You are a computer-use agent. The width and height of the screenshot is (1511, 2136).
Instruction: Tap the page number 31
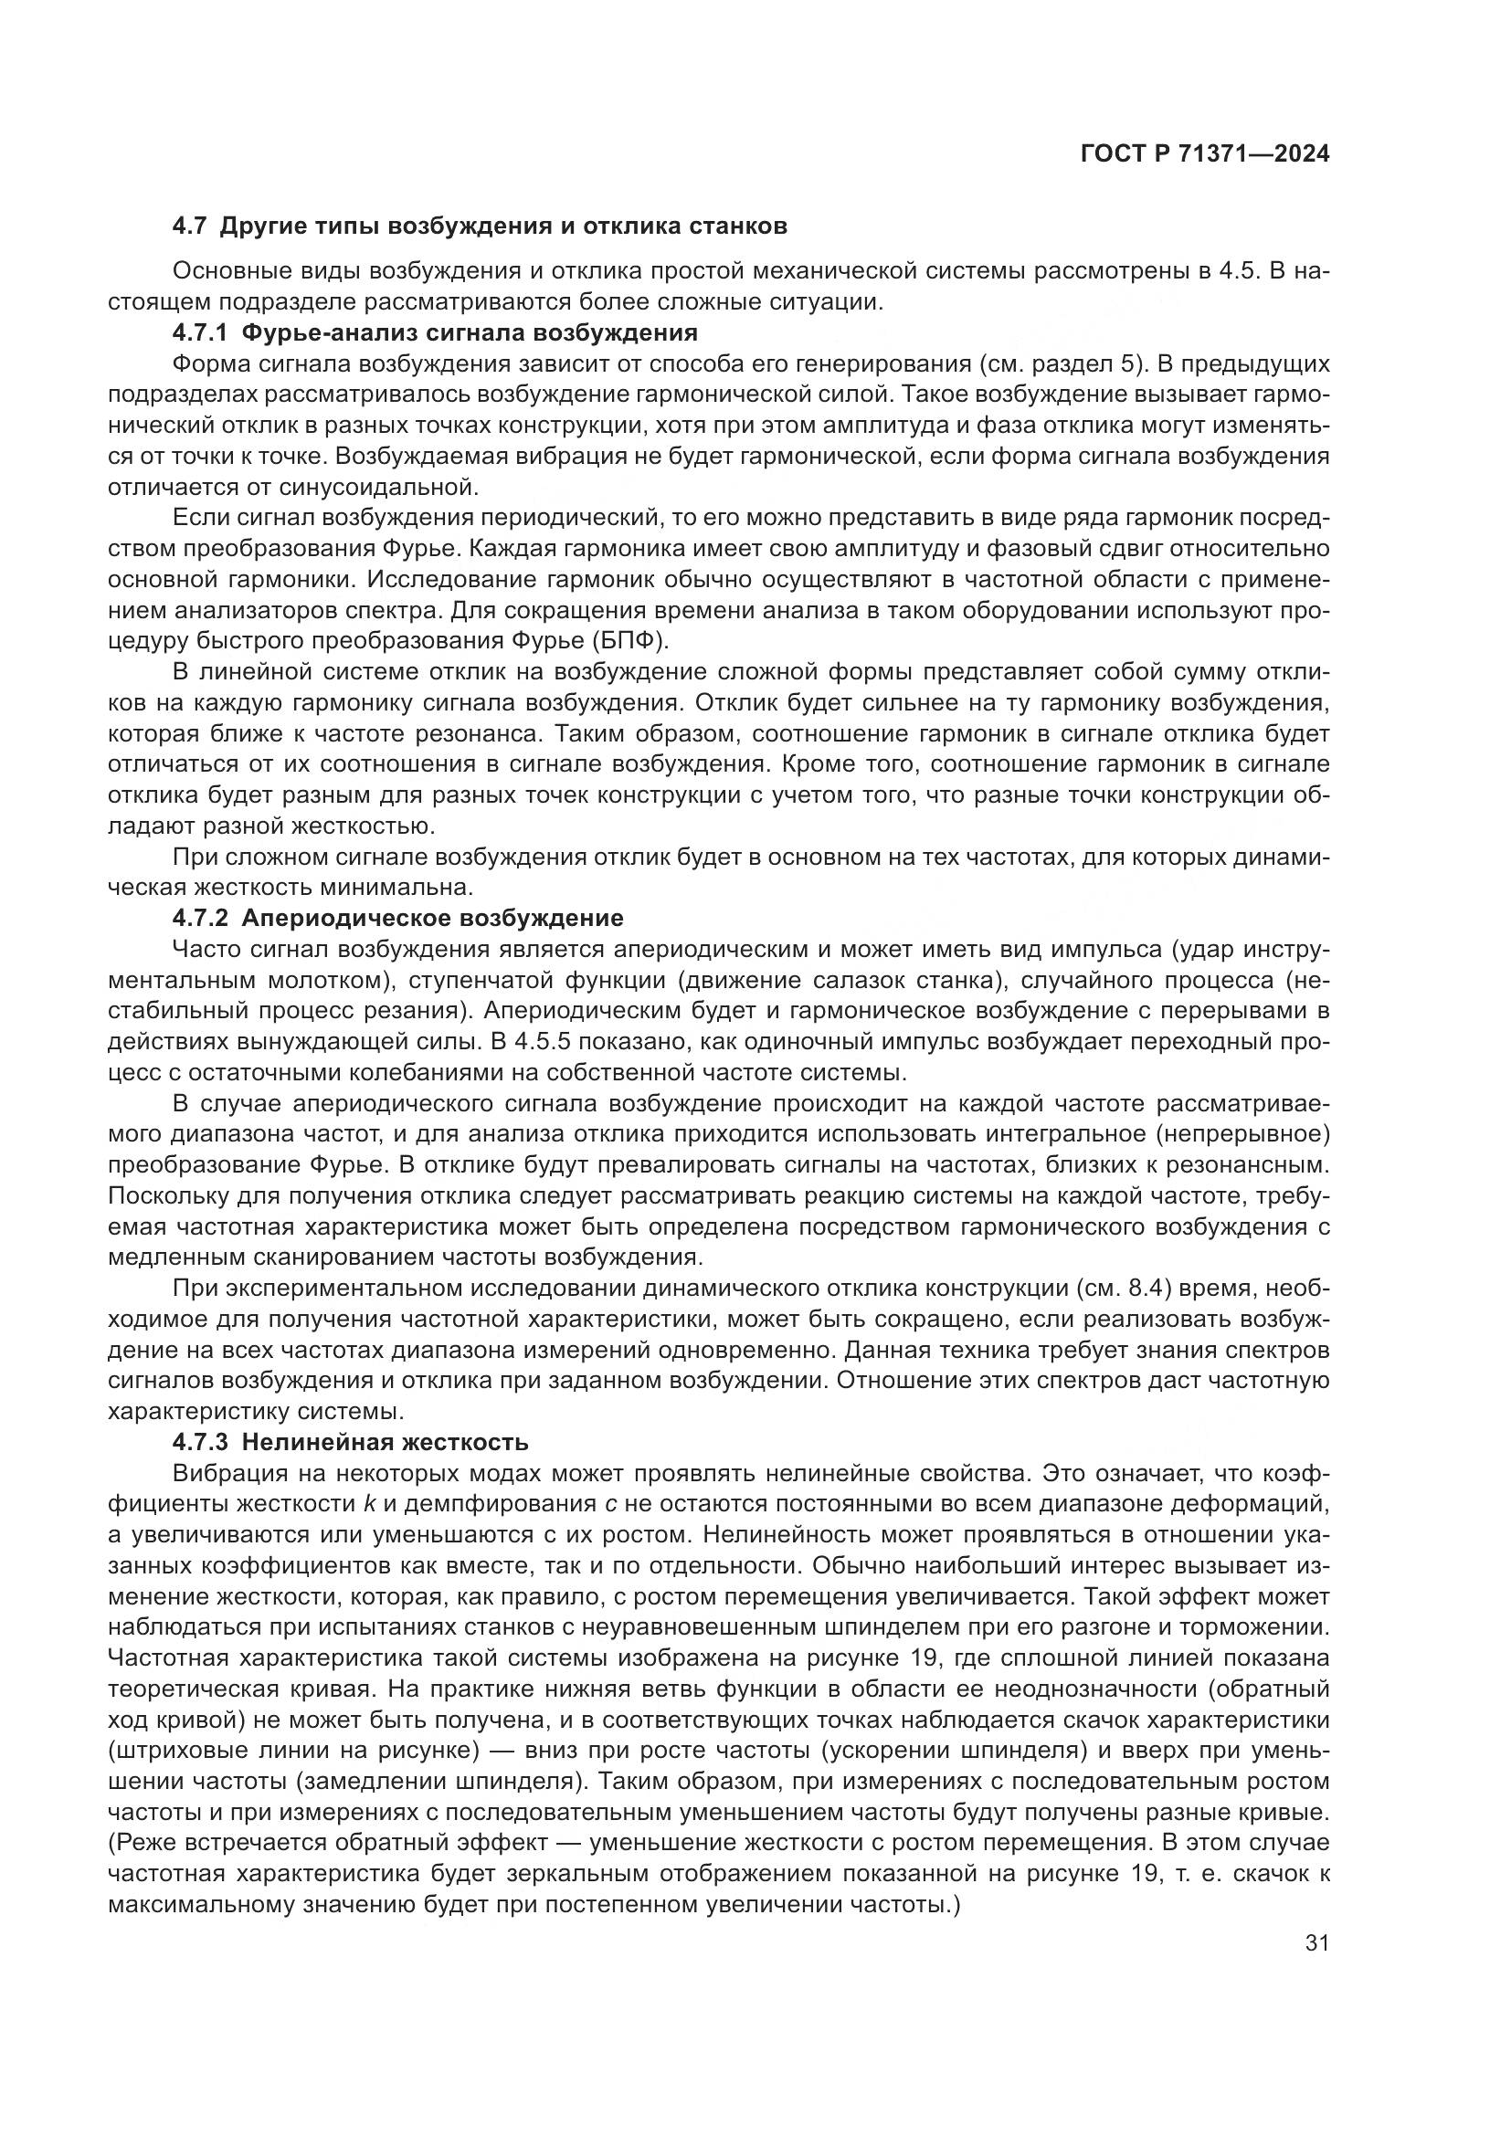pyautogui.click(x=1316, y=1942)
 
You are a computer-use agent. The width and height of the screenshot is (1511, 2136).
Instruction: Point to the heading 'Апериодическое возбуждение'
pyautogui.click(x=432, y=918)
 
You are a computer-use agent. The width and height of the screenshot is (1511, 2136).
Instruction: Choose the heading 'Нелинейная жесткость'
pyautogui.click(x=386, y=1443)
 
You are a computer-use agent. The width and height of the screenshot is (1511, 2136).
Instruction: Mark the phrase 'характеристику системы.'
pyautogui.click(x=256, y=1411)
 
